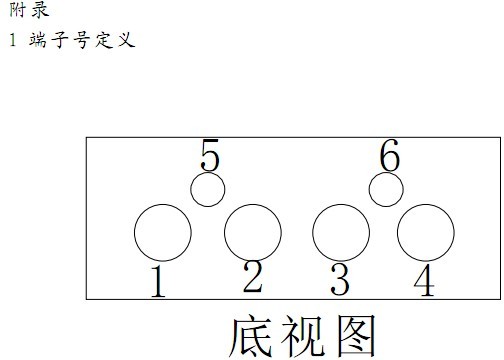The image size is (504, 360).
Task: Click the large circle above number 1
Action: coord(163,232)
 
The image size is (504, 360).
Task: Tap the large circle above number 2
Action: coord(252,232)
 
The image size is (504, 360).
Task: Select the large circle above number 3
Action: coord(341,232)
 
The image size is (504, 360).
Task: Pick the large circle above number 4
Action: coord(426,232)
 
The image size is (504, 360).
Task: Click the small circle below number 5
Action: coord(208,189)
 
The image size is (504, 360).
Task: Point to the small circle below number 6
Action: coord(386,188)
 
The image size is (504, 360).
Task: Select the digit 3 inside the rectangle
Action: coord(340,281)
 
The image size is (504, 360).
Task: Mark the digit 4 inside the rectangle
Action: coord(424,281)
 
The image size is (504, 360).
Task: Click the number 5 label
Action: coord(210,156)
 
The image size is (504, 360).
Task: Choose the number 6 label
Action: coord(389,156)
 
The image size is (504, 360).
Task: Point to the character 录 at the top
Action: coord(39,10)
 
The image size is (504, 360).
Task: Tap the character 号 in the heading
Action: coord(81,41)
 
